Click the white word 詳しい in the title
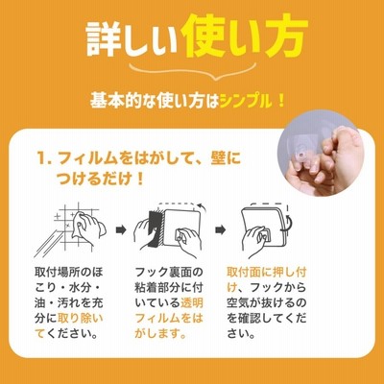click(x=132, y=39)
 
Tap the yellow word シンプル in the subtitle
click(x=246, y=102)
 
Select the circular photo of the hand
click(x=321, y=156)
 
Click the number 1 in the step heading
click(x=42, y=158)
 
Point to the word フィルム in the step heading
click(x=87, y=158)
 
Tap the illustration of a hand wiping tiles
click(x=70, y=230)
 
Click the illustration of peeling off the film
click(x=169, y=229)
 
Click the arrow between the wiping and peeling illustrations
click(x=121, y=229)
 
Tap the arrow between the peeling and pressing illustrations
click(x=221, y=229)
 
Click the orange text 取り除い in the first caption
click(x=80, y=318)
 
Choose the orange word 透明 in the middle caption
click(x=192, y=302)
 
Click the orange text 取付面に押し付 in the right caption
click(x=267, y=273)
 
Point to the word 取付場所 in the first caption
click(x=58, y=273)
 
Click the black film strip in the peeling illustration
click(x=155, y=228)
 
